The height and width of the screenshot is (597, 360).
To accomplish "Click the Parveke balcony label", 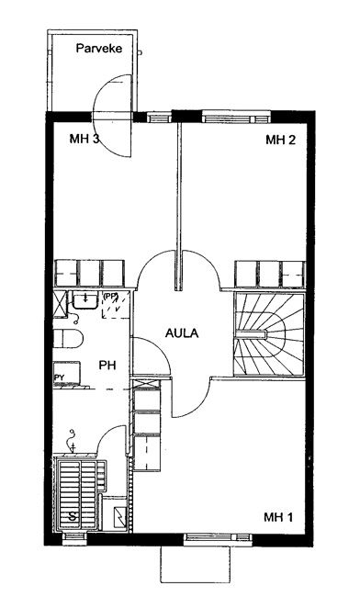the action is click(x=99, y=49).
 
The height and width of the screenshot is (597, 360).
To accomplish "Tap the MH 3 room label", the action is click(x=84, y=139).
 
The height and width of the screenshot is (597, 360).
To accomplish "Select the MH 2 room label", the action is click(x=280, y=140).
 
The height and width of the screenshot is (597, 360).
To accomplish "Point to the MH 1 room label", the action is click(x=278, y=517).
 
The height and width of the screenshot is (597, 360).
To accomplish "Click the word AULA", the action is click(x=182, y=333).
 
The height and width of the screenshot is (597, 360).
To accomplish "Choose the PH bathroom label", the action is click(x=107, y=366).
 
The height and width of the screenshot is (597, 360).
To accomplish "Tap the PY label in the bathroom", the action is click(x=59, y=377).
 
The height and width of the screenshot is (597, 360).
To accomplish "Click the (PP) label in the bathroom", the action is click(x=110, y=296).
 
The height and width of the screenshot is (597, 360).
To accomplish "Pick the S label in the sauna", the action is click(x=72, y=517).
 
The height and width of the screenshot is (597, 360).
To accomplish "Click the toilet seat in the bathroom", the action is click(x=68, y=339).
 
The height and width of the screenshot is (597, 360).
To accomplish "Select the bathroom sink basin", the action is click(x=84, y=300).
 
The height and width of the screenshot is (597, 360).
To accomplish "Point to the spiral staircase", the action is click(x=269, y=334).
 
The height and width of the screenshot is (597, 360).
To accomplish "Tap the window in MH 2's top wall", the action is click(x=236, y=117).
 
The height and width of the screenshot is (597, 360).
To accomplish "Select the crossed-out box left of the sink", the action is click(x=60, y=304).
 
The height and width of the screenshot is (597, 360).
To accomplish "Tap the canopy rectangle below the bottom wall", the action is click(x=196, y=564).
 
